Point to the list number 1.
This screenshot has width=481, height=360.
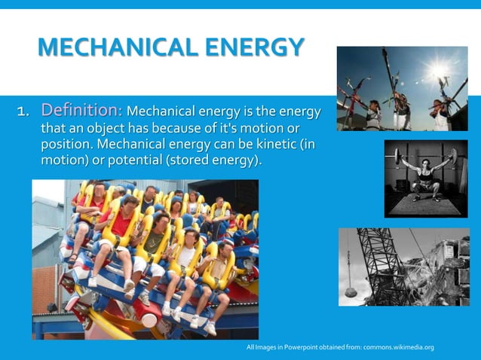click(23, 113)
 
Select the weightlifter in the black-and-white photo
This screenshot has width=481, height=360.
click(426, 179)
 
